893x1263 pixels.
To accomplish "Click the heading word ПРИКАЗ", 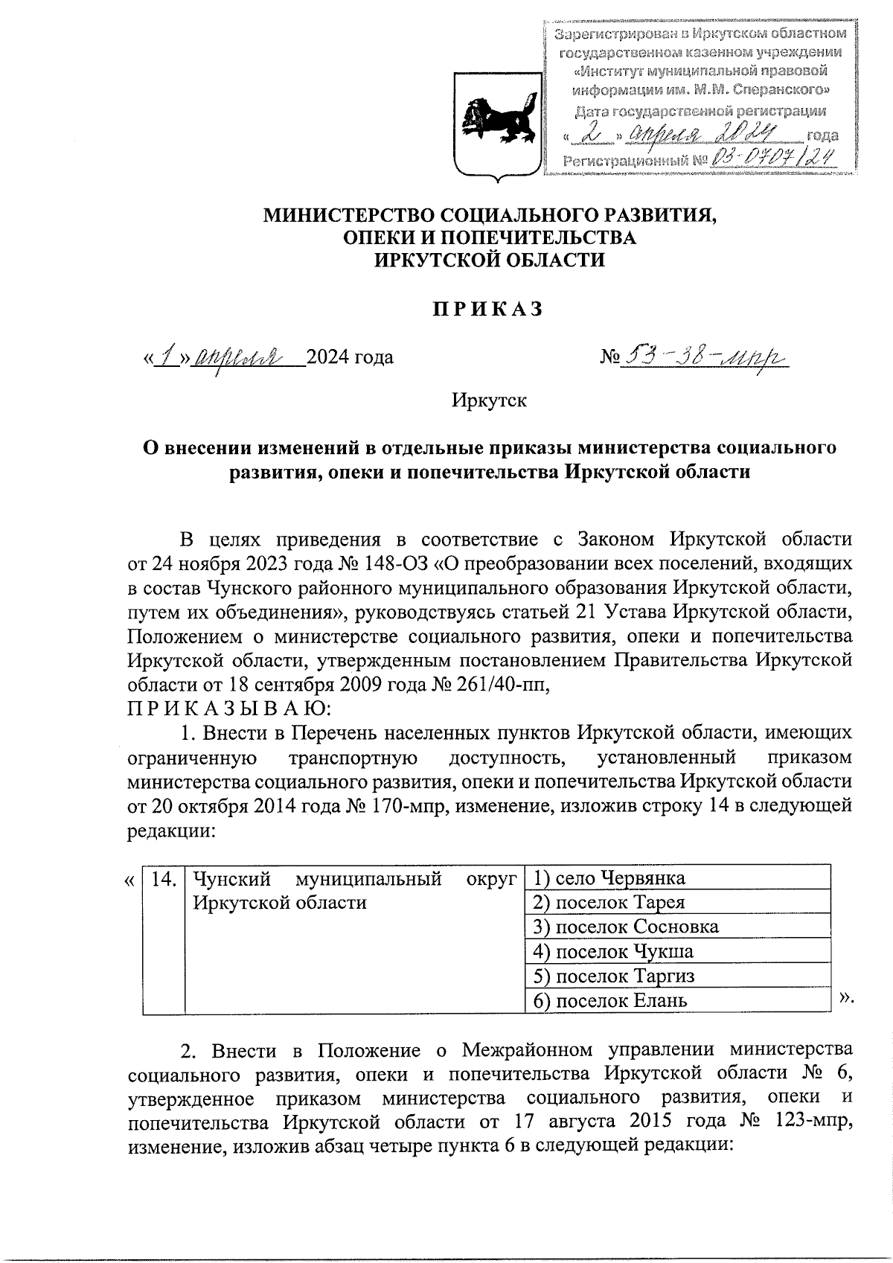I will [489, 310].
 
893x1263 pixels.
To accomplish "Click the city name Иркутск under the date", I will [489, 400].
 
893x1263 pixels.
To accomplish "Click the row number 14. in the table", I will [164, 879].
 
